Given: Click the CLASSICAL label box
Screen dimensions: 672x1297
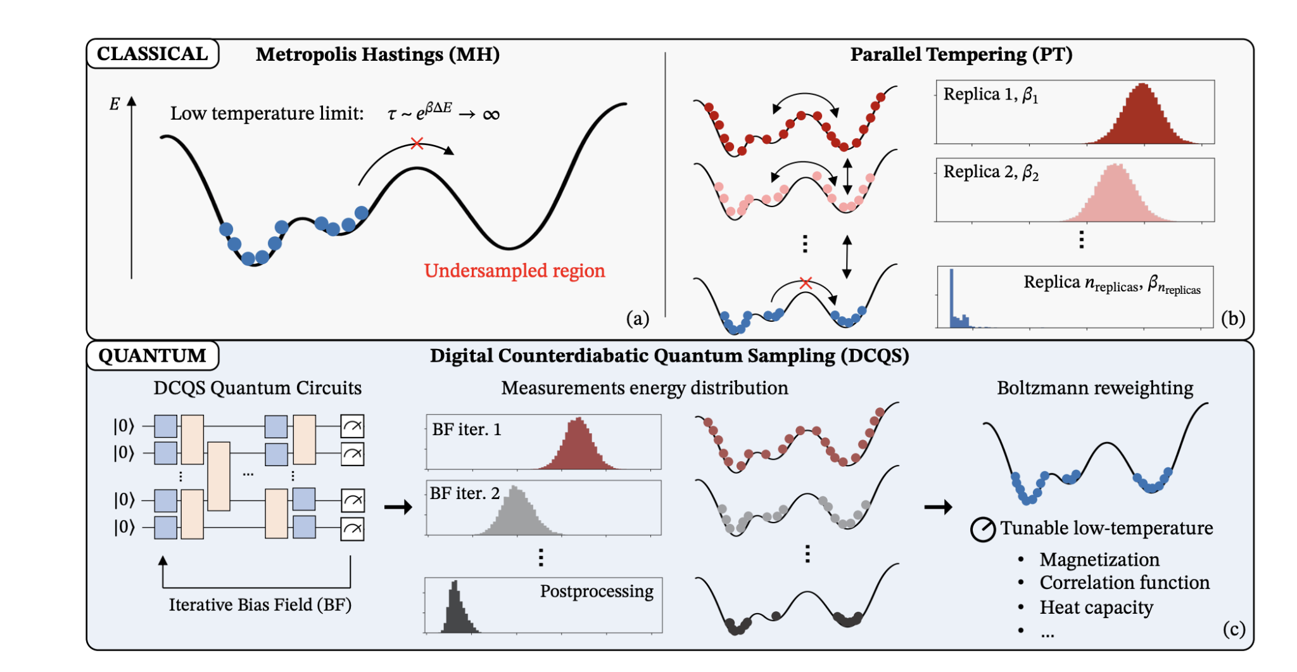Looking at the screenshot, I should coord(152,54).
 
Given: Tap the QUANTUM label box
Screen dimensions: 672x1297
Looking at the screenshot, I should coord(152,355).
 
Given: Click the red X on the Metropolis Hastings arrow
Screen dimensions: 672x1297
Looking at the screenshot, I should coord(417,144).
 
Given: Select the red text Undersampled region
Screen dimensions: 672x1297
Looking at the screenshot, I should coord(514,270).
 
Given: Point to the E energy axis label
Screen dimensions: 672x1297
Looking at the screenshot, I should coord(115,105).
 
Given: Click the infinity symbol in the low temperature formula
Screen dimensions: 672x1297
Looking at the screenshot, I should coord(491,115).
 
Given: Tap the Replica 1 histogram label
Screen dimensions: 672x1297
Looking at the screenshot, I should coord(990,95).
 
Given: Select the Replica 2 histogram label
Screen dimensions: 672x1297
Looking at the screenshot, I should coord(990,172).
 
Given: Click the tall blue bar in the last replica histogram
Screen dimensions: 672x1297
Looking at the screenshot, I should coord(951,298).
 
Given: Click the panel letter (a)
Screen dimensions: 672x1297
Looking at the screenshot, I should coord(637,318).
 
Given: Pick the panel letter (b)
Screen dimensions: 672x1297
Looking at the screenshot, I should coord(1232,318).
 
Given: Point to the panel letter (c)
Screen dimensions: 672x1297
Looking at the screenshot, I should coord(1234,629).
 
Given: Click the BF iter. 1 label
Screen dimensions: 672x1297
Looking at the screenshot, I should coord(466,429).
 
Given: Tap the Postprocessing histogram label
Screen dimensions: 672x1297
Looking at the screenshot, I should coord(596,591).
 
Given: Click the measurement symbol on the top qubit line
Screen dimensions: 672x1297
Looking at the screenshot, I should coord(352,426).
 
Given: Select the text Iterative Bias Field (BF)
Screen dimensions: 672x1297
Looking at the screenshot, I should coord(260,605).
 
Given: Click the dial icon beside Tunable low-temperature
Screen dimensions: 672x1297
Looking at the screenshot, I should coord(983,529).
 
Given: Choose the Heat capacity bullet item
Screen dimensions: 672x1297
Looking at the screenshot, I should coord(1096,607).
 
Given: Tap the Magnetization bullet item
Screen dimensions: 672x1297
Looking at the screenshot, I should coord(1099,559).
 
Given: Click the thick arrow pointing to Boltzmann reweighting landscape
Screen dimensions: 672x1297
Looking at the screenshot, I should coord(938,507).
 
